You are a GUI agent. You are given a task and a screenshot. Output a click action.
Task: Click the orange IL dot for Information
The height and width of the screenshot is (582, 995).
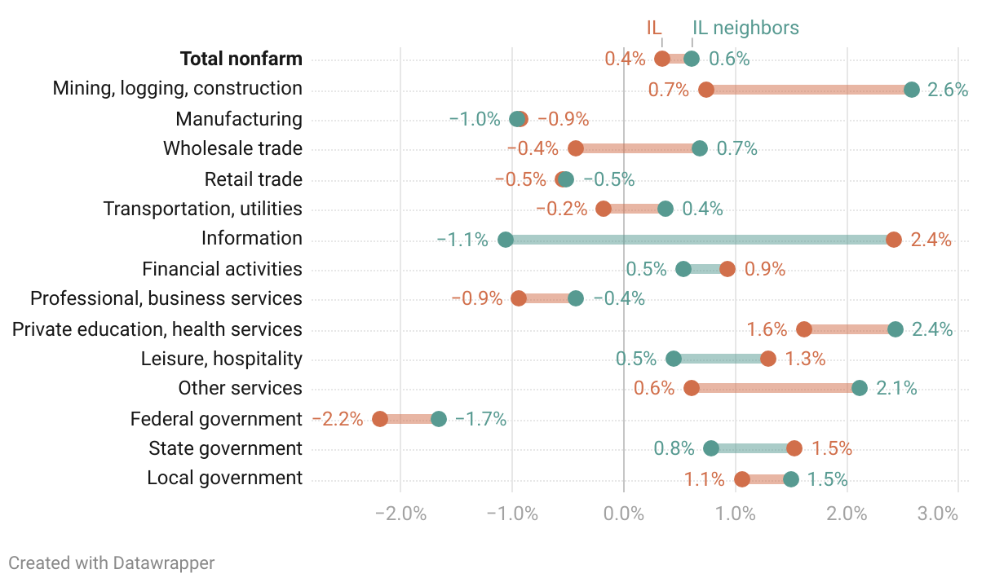point(893,240)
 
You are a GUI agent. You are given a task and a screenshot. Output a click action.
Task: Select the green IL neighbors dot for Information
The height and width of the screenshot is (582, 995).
point(506,240)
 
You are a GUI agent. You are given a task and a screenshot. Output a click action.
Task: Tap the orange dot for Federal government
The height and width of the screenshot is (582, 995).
point(380,419)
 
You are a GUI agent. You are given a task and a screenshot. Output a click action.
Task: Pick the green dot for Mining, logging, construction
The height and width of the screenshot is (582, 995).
point(912,90)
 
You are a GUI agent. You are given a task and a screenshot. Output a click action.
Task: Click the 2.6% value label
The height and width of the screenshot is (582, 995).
point(948,90)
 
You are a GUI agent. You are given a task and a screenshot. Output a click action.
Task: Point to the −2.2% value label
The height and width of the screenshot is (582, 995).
point(338,419)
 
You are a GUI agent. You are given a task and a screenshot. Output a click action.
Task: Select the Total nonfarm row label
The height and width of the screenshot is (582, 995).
point(241,59)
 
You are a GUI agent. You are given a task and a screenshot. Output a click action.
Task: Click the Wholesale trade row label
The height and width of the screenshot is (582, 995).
point(232,148)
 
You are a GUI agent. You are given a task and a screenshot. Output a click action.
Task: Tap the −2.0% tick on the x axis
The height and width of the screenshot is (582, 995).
point(400,514)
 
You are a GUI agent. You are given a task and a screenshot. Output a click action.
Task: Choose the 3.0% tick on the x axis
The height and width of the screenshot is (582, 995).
point(937,514)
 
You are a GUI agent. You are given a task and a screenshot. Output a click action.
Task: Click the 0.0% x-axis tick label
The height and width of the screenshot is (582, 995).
point(624,514)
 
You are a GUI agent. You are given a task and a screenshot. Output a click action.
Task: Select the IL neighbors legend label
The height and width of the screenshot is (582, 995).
point(745,28)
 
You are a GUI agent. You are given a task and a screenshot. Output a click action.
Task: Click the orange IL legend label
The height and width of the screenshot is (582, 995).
point(654,28)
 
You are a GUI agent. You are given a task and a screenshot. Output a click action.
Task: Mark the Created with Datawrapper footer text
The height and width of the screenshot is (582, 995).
point(112,562)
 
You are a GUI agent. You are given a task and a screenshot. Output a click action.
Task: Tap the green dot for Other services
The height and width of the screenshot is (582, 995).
point(860,388)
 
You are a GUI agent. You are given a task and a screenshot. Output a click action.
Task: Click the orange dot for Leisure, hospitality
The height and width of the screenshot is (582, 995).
point(768,359)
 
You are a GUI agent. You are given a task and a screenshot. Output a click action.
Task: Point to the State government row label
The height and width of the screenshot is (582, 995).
point(225,448)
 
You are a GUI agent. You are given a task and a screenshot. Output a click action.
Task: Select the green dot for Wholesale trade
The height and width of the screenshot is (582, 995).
point(700,148)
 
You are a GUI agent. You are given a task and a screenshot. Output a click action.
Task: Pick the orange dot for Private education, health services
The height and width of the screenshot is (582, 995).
point(804,329)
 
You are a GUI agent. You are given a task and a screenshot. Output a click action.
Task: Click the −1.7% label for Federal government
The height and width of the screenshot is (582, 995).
point(480,419)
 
